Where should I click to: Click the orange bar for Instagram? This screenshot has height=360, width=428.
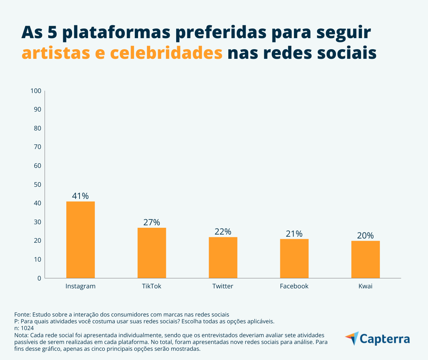(81, 240)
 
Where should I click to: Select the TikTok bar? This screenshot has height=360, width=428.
(152, 253)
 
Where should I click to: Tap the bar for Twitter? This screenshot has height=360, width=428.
(223, 257)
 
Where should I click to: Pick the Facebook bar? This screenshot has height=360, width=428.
(294, 258)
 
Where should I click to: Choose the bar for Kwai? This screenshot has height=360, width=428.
(366, 259)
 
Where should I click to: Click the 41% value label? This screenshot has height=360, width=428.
(80, 196)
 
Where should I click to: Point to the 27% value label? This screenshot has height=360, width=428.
(152, 222)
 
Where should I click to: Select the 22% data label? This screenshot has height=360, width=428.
(223, 232)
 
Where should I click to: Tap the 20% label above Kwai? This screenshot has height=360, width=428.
(366, 236)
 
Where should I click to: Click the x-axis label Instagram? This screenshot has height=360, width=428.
(81, 286)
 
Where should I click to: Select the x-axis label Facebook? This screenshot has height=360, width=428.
(294, 286)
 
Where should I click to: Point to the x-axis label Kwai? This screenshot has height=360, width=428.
(366, 286)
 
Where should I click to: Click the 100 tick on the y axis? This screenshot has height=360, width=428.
(36, 91)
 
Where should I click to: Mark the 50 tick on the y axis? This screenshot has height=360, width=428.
(37, 184)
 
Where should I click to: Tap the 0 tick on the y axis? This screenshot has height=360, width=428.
(39, 278)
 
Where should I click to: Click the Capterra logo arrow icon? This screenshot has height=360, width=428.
(352, 338)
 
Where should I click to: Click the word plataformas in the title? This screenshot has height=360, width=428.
(116, 32)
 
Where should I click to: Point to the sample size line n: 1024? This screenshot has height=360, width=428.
(24, 328)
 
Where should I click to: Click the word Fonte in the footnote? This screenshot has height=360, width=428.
(22, 314)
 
